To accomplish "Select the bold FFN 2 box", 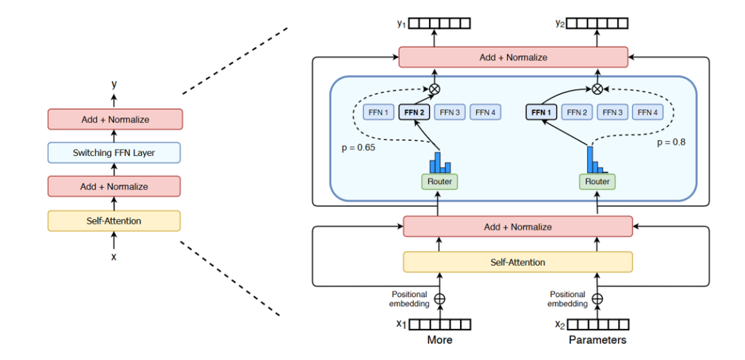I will [415, 112].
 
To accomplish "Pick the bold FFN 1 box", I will [542, 112].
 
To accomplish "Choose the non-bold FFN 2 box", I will [578, 112].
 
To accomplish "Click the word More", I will [439, 340].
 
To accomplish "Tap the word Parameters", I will [597, 340].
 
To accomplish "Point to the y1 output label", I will [401, 23].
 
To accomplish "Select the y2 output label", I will [560, 23].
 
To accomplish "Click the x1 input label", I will [401, 324].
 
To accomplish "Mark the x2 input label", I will [559, 324].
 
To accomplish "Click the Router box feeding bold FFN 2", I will [439, 181].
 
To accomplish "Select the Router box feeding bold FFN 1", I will [597, 181].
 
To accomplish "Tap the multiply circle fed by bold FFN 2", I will [435, 88].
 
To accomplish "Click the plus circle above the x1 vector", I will [439, 299].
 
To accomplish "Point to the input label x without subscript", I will [114, 257].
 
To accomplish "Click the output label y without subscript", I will [114, 84].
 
